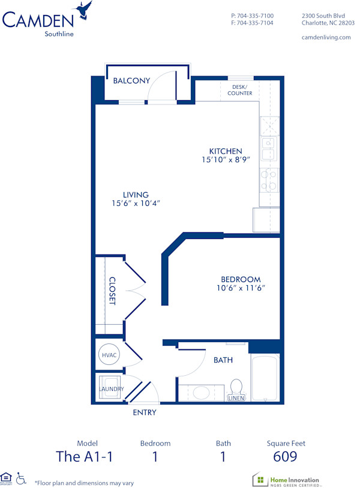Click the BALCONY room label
(x=131, y=81)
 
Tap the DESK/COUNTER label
(x=240, y=90)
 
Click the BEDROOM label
(x=241, y=279)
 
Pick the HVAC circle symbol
(x=109, y=355)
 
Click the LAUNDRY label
(x=112, y=389)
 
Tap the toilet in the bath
(x=236, y=387)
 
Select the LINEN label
(x=235, y=398)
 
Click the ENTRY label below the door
(x=144, y=412)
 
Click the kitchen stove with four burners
(x=268, y=179)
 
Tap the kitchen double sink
(x=268, y=148)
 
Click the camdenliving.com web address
(x=326, y=37)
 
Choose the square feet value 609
(x=286, y=457)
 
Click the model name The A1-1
(x=83, y=457)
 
